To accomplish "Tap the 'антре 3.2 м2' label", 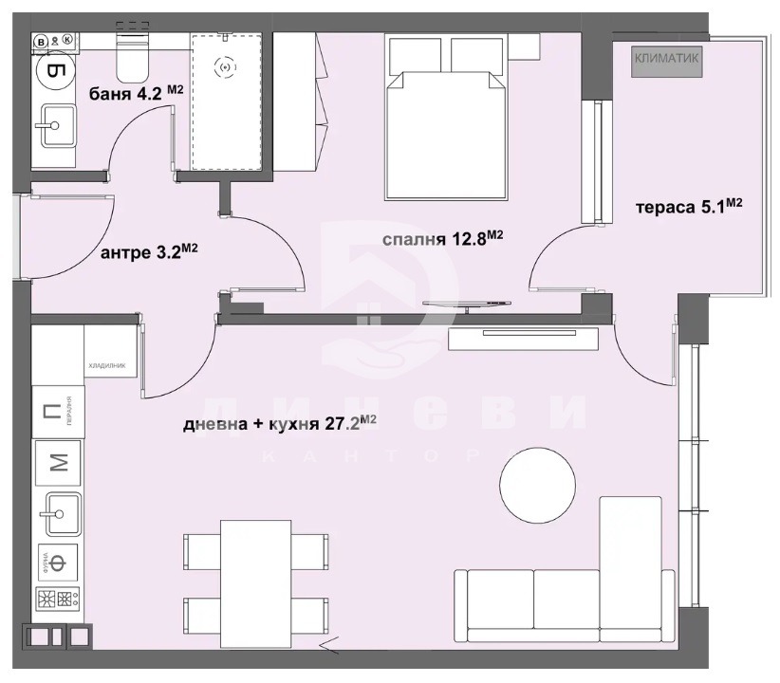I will coord(149,252).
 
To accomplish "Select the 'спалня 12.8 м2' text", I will coord(441,239).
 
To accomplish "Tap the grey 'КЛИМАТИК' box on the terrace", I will coord(667,59).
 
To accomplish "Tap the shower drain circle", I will coord(226,65).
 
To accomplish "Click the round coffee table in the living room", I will coord(537,485).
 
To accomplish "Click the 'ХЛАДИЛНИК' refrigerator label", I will coord(106,363).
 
